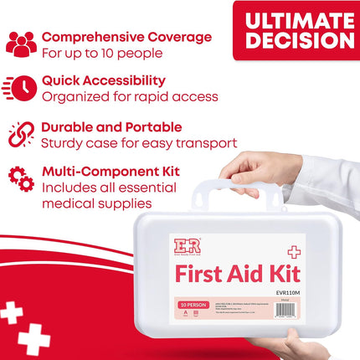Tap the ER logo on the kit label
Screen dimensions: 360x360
pyautogui.click(x=187, y=248)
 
